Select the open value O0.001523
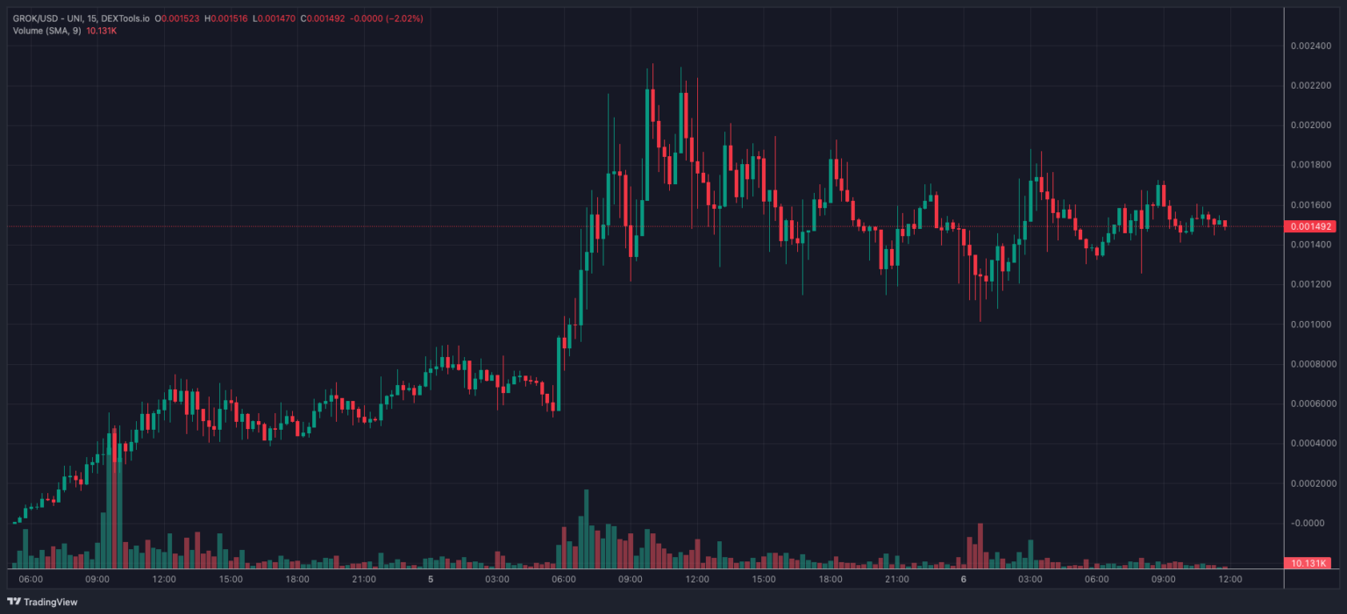[x=177, y=18]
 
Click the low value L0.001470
[x=274, y=18]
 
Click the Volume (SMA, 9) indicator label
[x=46, y=31]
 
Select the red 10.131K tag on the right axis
[x=1309, y=562]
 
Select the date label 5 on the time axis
[x=431, y=580]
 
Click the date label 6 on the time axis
[x=963, y=580]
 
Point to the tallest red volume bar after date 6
[x=980, y=546]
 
